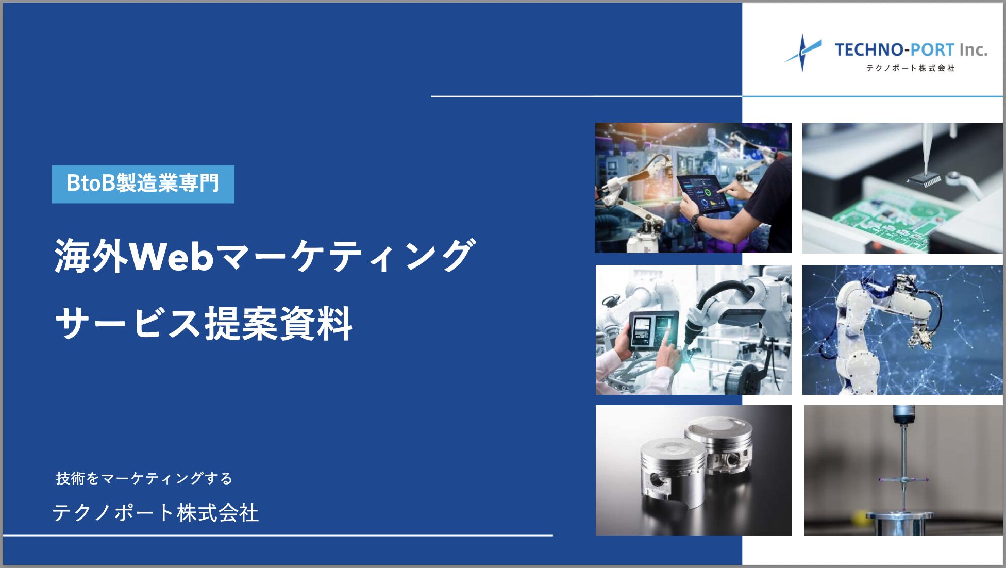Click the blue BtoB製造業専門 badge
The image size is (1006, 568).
coord(143,184)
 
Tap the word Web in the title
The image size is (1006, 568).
coord(171,256)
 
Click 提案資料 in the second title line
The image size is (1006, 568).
coord(279,324)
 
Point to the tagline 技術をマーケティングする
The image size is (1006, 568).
coord(144,478)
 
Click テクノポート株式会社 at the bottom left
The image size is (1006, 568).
coord(156,513)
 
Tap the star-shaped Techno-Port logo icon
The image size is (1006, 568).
coord(802,52)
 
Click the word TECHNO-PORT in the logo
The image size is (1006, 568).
coord(895,50)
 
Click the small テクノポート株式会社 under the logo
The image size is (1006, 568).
coord(910,68)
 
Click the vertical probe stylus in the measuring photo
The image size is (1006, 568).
coord(903,464)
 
